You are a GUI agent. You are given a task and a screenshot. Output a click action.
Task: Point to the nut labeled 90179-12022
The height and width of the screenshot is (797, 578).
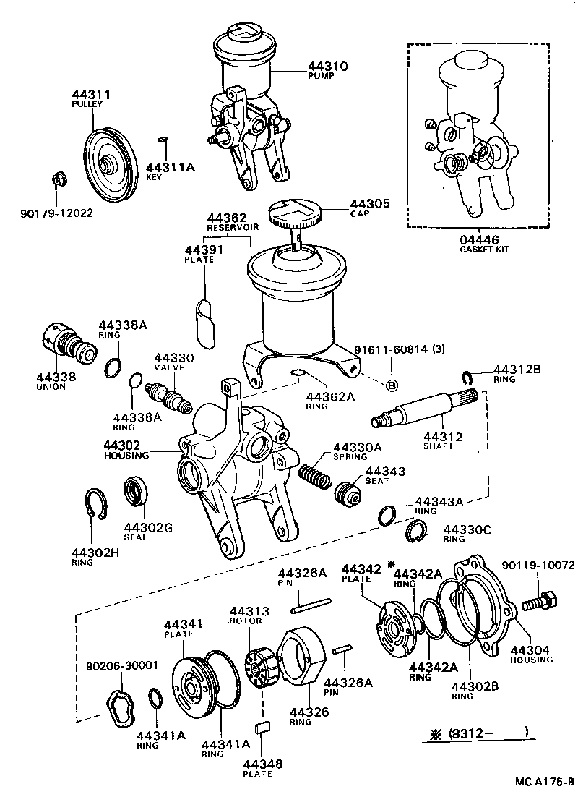60,179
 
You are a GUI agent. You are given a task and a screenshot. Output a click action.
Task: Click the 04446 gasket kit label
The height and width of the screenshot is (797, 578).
480,239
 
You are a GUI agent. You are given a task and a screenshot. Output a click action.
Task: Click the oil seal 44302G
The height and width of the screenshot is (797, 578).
136,493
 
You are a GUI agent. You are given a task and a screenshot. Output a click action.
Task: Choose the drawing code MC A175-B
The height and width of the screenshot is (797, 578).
545,782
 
